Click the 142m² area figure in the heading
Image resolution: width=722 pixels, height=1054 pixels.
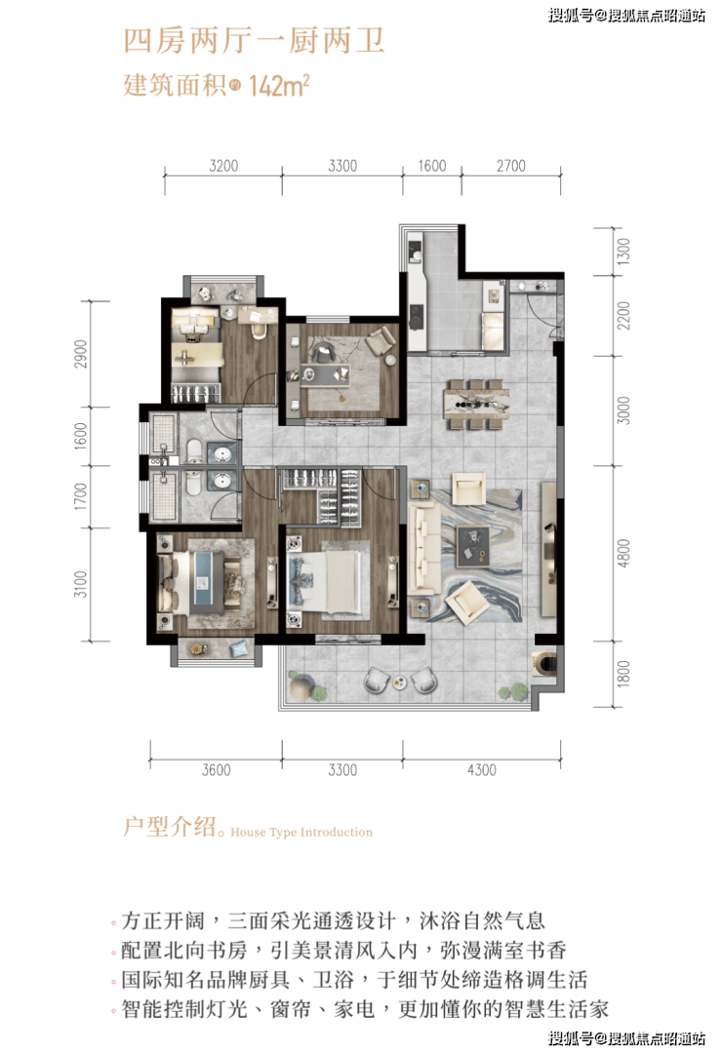pos(279,86)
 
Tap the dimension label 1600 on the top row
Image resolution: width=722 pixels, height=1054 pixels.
pos(432,166)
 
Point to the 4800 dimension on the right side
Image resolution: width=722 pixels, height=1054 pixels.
pos(623,553)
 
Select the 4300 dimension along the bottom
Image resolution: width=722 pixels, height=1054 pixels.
pos(482,770)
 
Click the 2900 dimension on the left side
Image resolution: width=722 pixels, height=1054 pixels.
pos(81,354)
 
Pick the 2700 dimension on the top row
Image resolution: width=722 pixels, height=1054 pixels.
pos(511,166)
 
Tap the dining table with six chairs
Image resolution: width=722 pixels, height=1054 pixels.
pos(476,404)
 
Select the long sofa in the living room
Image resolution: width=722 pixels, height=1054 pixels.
pos(422,547)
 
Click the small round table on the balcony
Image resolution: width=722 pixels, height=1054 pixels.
pos(400,683)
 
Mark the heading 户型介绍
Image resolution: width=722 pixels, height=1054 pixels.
pos(170,826)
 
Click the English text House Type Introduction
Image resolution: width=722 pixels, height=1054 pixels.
pos(301,832)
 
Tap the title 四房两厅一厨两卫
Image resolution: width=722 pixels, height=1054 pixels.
pos(254,41)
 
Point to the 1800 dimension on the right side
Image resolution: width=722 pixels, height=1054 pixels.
pos(623,674)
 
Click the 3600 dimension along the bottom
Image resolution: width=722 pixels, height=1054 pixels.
pos(216,770)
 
